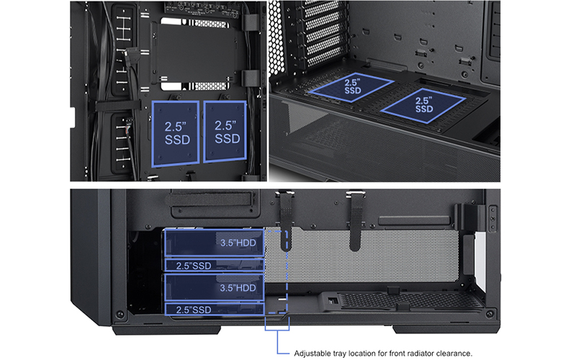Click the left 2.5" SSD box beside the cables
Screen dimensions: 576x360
tap(176, 134)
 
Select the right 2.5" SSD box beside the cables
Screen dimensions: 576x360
tap(225, 132)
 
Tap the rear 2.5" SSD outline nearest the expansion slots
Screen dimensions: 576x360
tap(352, 87)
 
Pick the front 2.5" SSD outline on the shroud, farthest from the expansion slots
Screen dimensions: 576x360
tap(423, 104)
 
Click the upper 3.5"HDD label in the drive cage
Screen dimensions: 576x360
tap(238, 243)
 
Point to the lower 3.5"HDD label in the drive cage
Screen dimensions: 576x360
tap(238, 287)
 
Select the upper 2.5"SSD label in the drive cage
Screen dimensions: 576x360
tap(194, 266)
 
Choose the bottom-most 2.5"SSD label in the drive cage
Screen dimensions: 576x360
tap(194, 310)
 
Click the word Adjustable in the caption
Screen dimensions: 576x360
tap(312, 354)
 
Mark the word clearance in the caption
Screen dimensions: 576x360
tap(454, 354)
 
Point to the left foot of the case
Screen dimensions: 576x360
tap(167, 330)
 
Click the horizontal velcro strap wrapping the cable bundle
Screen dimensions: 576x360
tap(118, 106)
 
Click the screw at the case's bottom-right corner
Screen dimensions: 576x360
tap(490, 314)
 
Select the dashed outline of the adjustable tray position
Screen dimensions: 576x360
tap(276, 272)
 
